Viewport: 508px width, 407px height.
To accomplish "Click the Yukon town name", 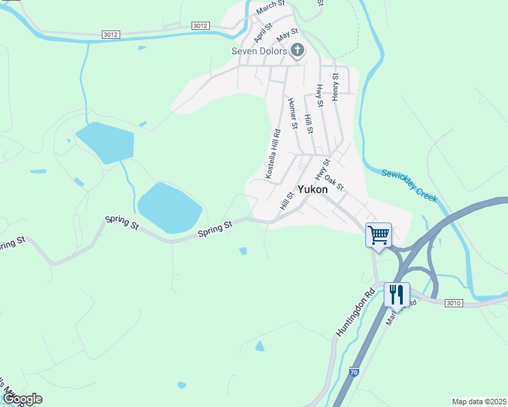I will pyautogui.click(x=312, y=190).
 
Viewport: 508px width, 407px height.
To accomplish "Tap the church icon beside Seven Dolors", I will pyautogui.click(x=297, y=50).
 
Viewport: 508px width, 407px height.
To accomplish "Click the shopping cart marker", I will pyautogui.click(x=378, y=235).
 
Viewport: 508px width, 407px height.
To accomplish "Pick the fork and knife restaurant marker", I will pyautogui.click(x=397, y=294).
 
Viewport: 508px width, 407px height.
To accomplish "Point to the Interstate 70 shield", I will pyautogui.click(x=354, y=372).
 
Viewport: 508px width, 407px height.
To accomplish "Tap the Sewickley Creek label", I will pyautogui.click(x=409, y=185).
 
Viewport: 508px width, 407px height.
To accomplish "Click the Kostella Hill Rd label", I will pyautogui.click(x=273, y=154).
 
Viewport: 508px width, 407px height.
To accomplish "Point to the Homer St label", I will pyautogui.click(x=293, y=113).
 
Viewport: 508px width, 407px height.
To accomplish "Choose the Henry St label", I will pyautogui.click(x=335, y=87).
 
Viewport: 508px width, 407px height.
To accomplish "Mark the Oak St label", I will pyautogui.click(x=334, y=182).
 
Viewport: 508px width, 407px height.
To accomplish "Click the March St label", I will pyautogui.click(x=270, y=7).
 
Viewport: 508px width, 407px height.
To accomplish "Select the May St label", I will pyautogui.click(x=287, y=33).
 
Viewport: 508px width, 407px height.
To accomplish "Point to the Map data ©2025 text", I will pyautogui.click(x=479, y=402).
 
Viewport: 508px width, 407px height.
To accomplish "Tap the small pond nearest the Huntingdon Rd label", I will pyautogui.click(x=259, y=346).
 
